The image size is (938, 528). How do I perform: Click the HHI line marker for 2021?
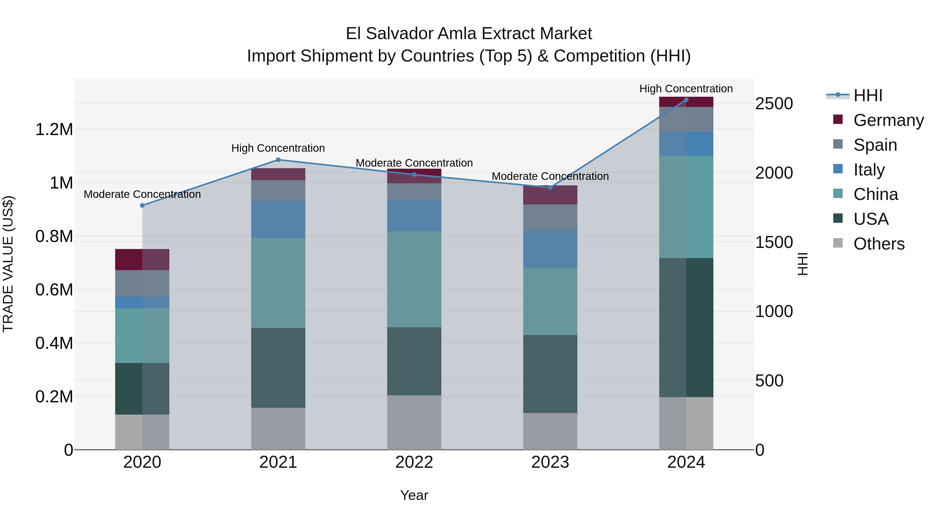pyautogui.click(x=278, y=160)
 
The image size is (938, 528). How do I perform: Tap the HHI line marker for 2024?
pyautogui.click(x=686, y=100)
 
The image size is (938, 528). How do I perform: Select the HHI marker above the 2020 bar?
pyautogui.click(x=142, y=205)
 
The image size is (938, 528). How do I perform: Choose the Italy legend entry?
pyautogui.click(x=869, y=170)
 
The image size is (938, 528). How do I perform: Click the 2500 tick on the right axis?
pyautogui.click(x=774, y=104)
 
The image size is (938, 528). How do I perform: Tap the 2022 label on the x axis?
pyautogui.click(x=414, y=462)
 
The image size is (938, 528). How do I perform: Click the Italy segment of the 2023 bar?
pyautogui.click(x=550, y=249)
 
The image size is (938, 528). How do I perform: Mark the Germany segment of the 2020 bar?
pyautogui.click(x=142, y=259)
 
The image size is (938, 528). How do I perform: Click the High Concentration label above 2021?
pyautogui.click(x=278, y=148)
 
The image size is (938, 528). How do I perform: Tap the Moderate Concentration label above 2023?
pyautogui.click(x=550, y=176)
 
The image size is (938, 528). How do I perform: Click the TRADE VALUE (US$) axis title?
pyautogui.click(x=8, y=264)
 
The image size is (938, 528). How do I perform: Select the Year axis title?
pyautogui.click(x=414, y=495)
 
